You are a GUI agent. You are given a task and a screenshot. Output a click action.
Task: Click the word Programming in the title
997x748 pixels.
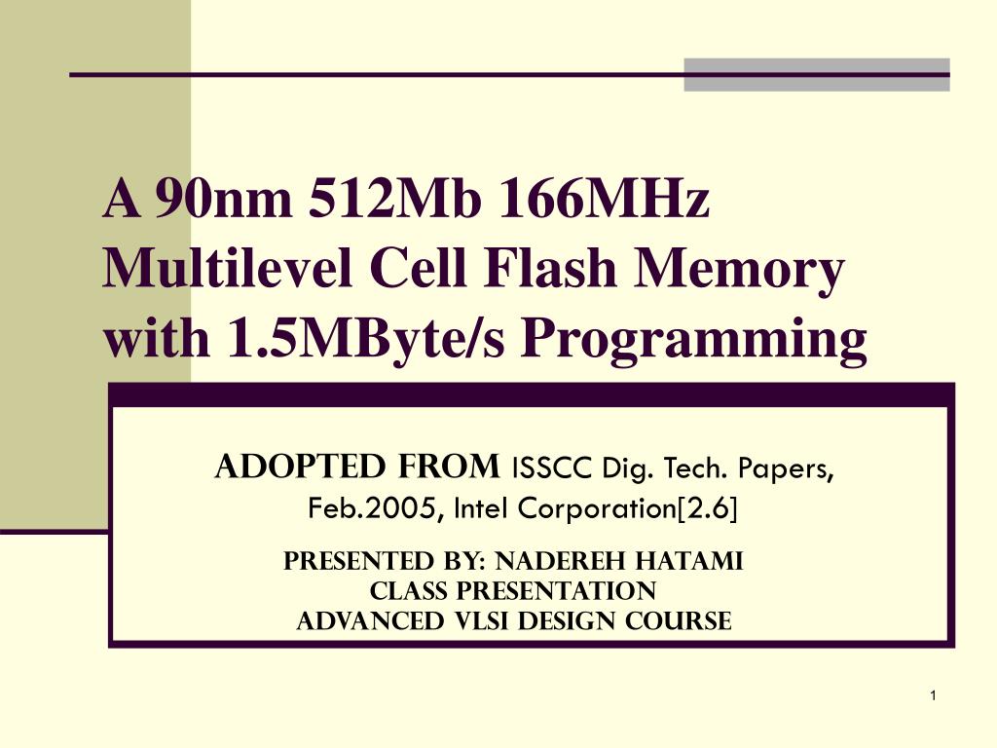[x=693, y=341]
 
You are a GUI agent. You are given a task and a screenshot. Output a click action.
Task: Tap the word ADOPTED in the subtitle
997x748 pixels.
[x=282, y=468]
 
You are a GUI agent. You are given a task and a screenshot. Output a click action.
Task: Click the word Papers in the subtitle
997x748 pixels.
[x=792, y=469]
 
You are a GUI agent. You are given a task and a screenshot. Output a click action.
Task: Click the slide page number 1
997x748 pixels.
[x=932, y=695]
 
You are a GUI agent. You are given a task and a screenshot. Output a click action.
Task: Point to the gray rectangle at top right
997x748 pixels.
[x=816, y=75]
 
